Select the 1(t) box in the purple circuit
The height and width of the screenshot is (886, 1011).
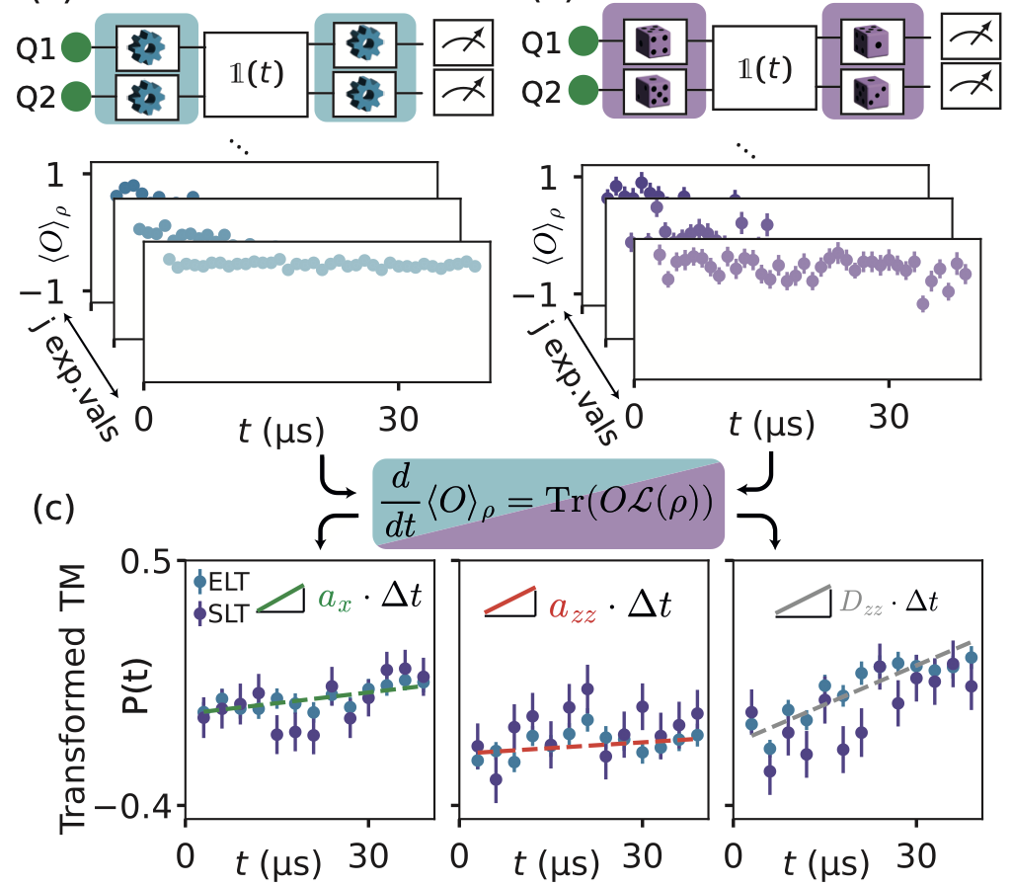click(764, 68)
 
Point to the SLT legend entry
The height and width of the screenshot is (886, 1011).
click(222, 612)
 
